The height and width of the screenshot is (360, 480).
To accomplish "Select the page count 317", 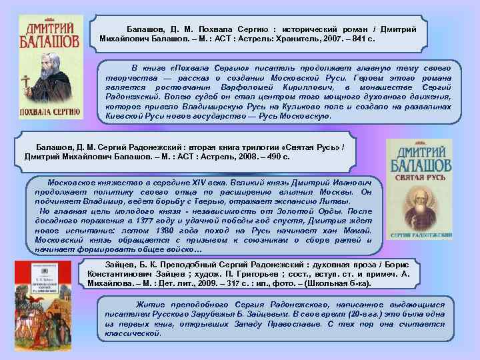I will (x=238, y=283).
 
